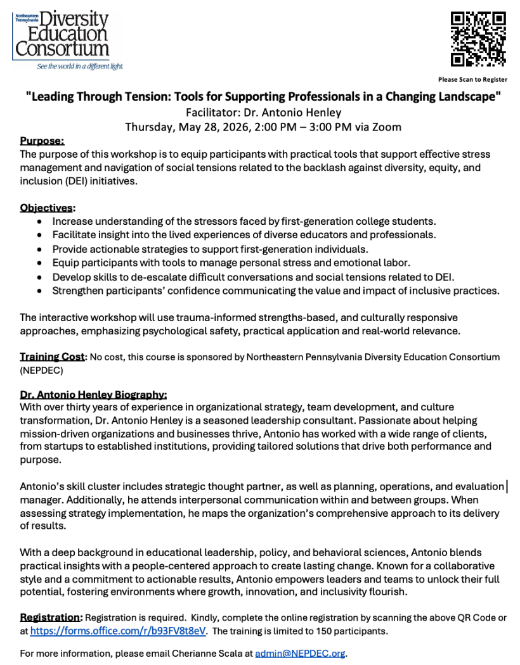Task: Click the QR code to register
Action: coord(478,39)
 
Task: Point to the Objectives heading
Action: coord(46,208)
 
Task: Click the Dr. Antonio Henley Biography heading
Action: coord(93,393)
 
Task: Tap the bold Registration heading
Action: coord(50,617)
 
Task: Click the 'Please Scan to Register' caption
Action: coord(472,79)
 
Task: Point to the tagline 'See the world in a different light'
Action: coord(80,66)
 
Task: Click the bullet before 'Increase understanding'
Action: coord(41,222)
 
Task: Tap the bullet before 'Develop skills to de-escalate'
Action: coord(41,277)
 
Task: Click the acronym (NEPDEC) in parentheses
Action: coord(37,369)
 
